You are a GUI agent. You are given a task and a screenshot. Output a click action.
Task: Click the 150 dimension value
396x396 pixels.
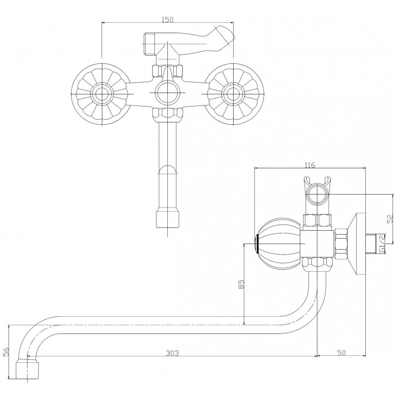pyautogui.click(x=167, y=19)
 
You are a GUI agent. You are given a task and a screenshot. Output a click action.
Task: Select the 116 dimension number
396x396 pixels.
pyautogui.click(x=310, y=165)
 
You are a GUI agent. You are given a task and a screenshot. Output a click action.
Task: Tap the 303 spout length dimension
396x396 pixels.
pyautogui.click(x=172, y=353)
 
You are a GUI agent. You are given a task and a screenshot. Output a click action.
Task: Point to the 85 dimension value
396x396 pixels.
pyautogui.click(x=241, y=284)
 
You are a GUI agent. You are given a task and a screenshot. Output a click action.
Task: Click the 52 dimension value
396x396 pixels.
pyautogui.click(x=390, y=219)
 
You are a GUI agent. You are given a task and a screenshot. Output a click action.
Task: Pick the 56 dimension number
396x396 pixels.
pyautogui.click(x=6, y=351)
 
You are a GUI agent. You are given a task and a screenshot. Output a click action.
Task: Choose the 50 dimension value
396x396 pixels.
pyautogui.click(x=341, y=352)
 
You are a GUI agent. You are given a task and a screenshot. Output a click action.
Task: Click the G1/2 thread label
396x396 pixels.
pyautogui.click(x=382, y=244)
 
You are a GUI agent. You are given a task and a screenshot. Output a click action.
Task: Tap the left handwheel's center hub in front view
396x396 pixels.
pyautogui.click(x=102, y=94)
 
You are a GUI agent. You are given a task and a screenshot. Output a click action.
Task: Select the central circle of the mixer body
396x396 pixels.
pyautogui.click(x=167, y=93)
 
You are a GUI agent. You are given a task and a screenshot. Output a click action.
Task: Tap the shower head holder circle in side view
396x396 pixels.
pyautogui.click(x=317, y=195)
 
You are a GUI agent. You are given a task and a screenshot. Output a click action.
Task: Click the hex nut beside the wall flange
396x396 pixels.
pyautogui.click(x=342, y=244)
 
